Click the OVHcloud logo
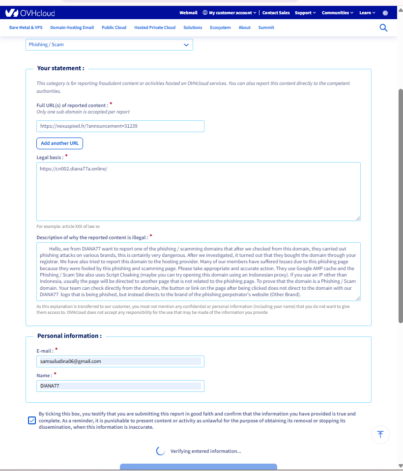point(30,13)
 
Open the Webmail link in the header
point(188,13)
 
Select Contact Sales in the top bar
point(276,13)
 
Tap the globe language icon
point(385,13)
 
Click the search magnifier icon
point(384,28)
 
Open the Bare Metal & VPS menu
point(26,28)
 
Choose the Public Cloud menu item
point(114,28)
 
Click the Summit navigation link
point(266,28)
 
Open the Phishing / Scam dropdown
point(109,45)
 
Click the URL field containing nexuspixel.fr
point(120,126)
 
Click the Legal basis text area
point(198,191)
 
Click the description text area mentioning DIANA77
point(198,271)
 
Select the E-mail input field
point(120,361)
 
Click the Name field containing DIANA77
point(120,386)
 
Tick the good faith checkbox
point(32,420)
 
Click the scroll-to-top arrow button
point(380,434)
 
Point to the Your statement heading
point(60,68)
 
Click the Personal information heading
point(69,336)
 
